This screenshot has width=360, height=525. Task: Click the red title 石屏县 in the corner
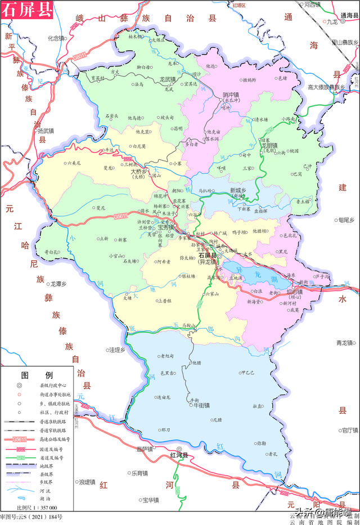[26, 11]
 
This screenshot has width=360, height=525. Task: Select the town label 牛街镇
[199, 405]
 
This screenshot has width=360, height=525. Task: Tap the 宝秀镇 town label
[166, 227]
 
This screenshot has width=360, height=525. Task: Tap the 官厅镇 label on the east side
[349, 430]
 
